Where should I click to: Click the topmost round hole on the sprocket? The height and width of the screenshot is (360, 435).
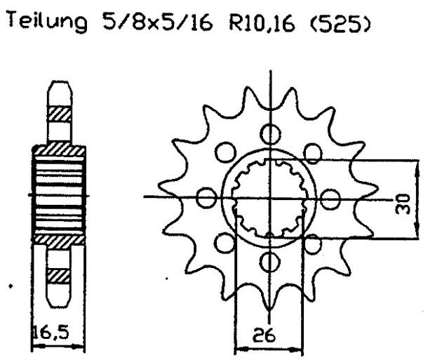pos(269,133)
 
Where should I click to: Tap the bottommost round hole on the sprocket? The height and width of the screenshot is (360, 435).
pos(269,262)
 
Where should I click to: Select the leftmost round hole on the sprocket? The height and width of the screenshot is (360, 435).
pos(206,198)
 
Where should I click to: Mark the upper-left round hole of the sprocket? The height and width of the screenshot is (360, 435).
pos(225,152)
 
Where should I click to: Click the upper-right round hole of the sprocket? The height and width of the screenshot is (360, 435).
pos(314,152)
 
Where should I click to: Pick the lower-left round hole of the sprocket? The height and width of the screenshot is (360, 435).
pos(225,243)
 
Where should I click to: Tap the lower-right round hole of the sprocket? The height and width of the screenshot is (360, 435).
pos(314,243)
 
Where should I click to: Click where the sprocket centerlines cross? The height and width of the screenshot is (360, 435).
pos(269,197)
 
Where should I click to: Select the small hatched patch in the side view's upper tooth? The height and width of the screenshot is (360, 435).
pos(58,112)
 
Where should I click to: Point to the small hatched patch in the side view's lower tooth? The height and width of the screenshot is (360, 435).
pos(58,274)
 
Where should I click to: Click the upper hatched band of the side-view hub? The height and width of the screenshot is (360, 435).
pos(59,149)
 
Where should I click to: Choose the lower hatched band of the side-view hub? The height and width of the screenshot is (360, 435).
pos(59,239)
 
